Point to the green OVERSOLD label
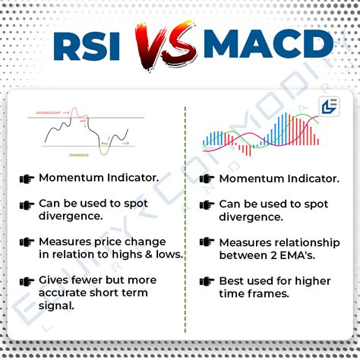[78, 154]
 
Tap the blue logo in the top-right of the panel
[328, 107]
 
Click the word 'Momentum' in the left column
[68, 178]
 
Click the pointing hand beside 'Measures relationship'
[207, 242]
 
